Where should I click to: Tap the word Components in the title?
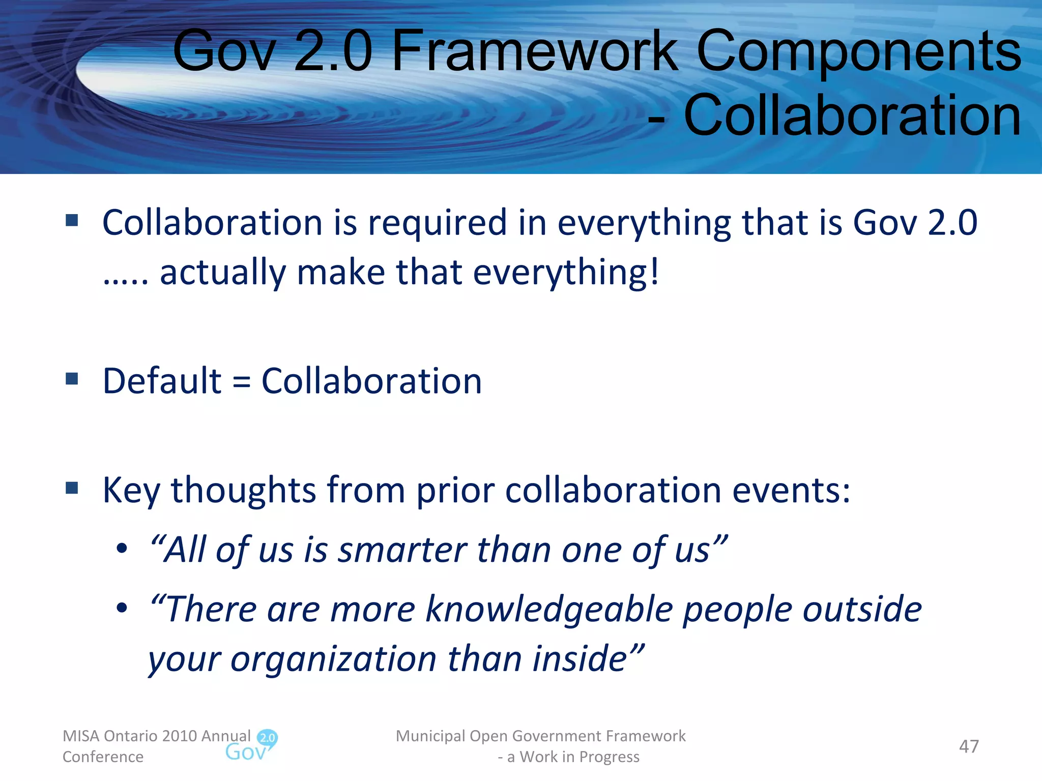pos(858,51)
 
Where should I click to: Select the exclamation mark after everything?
pos(654,272)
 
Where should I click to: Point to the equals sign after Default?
pos(241,381)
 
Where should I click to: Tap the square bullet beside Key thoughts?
pos(72,488)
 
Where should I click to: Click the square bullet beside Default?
pos(72,379)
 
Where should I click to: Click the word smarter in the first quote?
pos(401,550)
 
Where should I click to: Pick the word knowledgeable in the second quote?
pos(549,609)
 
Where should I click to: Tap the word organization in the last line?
pos(334,659)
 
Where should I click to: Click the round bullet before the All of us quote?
pos(121,549)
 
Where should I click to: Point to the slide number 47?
pos(968,746)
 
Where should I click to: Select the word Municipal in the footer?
pos(430,736)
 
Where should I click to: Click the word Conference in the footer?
pos(103,757)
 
